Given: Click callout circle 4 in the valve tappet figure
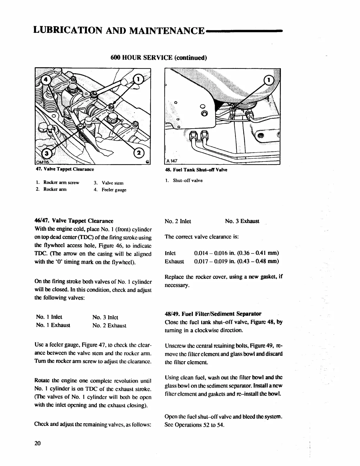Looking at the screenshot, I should (x=46, y=79).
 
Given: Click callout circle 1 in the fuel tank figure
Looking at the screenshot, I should (x=269, y=80).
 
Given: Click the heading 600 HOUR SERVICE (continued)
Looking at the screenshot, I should (x=159, y=58).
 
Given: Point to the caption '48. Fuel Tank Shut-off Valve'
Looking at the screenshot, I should (x=196, y=170).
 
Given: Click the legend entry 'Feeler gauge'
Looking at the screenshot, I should (x=114, y=190).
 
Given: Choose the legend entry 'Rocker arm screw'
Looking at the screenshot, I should (x=61, y=182).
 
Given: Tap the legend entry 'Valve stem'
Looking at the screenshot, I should (x=113, y=183).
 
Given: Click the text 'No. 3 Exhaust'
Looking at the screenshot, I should (x=242, y=221).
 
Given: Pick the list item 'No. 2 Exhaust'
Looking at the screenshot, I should (x=109, y=325).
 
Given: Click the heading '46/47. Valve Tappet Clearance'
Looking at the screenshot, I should (x=74, y=221).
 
